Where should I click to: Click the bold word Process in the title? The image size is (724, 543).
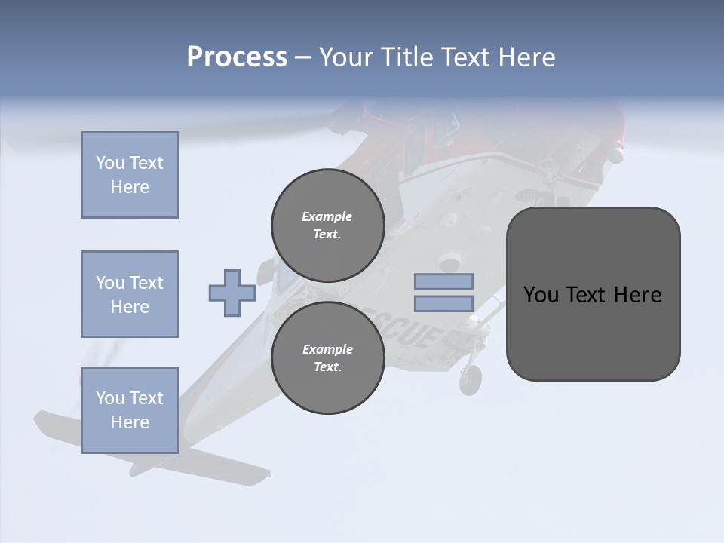click(237, 57)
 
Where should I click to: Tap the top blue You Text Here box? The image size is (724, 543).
click(130, 175)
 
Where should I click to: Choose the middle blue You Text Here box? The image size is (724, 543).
click(130, 294)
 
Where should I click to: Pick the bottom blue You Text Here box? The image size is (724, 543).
click(130, 410)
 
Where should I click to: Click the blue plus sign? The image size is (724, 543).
click(232, 293)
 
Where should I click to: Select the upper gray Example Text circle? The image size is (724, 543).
click(327, 225)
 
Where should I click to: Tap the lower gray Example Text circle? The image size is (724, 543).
click(327, 357)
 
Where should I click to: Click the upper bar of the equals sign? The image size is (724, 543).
click(443, 282)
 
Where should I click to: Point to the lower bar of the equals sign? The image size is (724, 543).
click(443, 304)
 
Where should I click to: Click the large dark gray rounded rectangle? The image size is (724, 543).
click(593, 332)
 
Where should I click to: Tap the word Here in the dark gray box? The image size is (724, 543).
click(637, 295)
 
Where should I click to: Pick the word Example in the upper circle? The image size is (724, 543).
click(327, 216)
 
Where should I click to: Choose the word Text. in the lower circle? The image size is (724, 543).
click(327, 367)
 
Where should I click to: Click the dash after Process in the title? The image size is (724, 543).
click(302, 57)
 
